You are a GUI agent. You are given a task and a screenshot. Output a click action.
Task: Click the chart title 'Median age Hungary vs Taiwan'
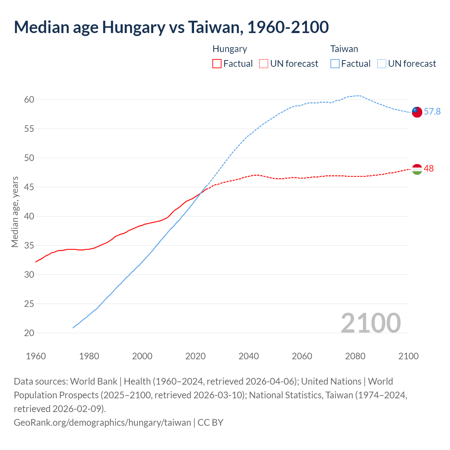tap(171, 27)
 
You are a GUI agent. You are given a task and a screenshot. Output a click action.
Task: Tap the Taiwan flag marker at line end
tap(417, 112)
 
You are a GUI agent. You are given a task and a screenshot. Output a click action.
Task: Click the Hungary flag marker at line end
tap(417, 169)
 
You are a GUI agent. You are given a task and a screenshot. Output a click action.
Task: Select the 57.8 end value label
tap(432, 112)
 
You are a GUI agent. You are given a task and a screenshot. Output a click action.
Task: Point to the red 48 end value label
tap(429, 169)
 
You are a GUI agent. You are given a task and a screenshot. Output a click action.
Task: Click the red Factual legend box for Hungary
tap(217, 64)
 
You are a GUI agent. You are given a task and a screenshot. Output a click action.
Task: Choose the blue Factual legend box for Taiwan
tap(335, 64)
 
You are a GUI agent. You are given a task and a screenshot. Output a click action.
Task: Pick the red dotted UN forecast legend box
tap(263, 64)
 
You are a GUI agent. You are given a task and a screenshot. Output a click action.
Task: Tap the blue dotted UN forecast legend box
tap(381, 64)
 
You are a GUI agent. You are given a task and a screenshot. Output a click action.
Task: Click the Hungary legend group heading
tap(230, 49)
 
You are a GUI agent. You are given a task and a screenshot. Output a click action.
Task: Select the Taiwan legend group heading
tap(344, 49)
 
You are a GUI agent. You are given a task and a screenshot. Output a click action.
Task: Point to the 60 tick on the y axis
tap(29, 100)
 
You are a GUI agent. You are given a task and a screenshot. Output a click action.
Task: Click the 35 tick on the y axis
tap(29, 245)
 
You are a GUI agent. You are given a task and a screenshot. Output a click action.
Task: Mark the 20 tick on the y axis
tap(29, 333)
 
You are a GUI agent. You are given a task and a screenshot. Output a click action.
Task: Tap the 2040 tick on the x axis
tap(249, 356)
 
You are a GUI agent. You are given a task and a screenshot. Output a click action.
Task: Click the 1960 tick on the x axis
tap(36, 356)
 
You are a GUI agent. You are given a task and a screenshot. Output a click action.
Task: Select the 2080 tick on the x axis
tap(355, 356)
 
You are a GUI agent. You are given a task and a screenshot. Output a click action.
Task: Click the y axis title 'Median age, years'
tap(15, 212)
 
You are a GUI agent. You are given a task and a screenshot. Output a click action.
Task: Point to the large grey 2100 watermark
tap(371, 323)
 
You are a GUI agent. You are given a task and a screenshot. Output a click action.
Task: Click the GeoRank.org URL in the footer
tap(102, 422)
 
